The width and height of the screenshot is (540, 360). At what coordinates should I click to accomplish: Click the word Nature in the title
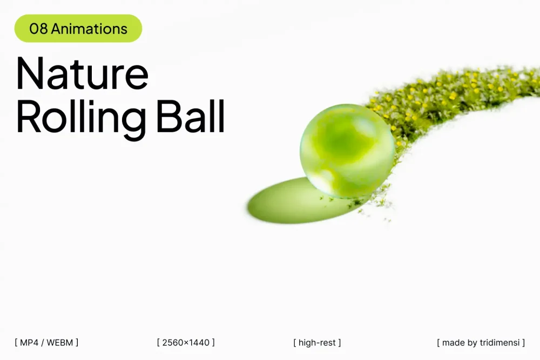click(82, 73)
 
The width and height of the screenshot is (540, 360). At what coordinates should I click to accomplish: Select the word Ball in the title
click(191, 116)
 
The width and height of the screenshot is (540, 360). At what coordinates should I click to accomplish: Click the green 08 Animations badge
click(78, 29)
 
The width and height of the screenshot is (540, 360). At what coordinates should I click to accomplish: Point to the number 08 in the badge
click(38, 29)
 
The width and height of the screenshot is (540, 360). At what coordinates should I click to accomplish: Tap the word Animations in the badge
click(89, 29)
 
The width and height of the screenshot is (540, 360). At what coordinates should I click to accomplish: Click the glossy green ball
click(347, 151)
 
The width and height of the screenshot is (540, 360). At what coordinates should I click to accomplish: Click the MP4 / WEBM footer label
click(46, 342)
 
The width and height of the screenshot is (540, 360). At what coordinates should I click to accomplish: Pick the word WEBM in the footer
click(59, 342)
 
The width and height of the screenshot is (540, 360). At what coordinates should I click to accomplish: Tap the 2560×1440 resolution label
click(186, 342)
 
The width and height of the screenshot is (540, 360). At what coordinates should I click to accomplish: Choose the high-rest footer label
click(317, 342)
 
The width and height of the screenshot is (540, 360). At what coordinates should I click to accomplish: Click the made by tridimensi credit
click(481, 342)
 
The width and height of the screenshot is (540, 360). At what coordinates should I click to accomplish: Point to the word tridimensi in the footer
click(500, 342)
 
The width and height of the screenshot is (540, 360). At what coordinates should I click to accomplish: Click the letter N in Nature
click(30, 73)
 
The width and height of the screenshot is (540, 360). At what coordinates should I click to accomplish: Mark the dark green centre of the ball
click(341, 141)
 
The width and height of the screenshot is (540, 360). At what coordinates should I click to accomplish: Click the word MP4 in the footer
click(29, 342)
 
